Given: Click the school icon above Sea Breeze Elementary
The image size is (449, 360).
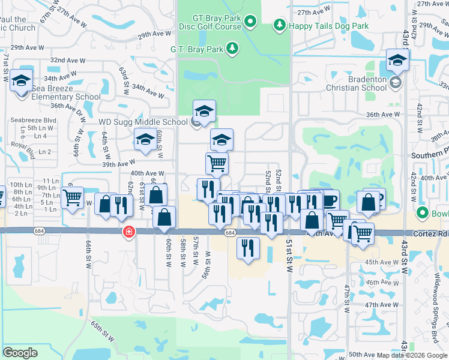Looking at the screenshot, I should pos(22,82).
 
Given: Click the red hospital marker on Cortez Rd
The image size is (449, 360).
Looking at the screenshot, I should pos(128,232).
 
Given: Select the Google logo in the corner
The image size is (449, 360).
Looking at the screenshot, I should pos(20,353).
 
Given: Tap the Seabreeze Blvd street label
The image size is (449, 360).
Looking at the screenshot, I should pos(33,120).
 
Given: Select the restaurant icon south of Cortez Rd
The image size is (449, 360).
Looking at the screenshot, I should pos(247,247).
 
